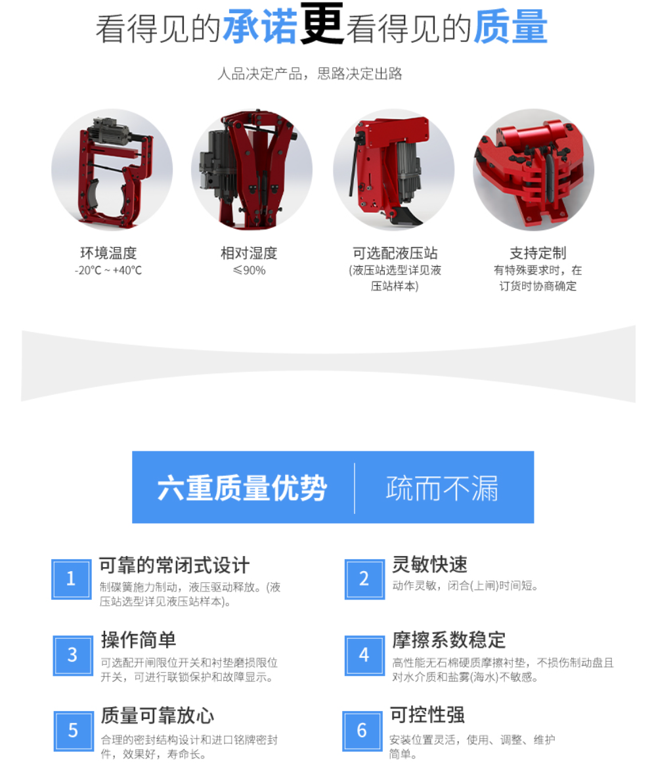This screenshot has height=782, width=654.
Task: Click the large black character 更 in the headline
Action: tap(322, 24)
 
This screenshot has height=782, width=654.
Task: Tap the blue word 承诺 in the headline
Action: tap(260, 27)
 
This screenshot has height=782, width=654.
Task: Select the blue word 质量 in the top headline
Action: tap(510, 27)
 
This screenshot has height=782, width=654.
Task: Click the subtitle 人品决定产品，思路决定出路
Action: tap(309, 74)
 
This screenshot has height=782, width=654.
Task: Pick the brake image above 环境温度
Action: tap(112, 170)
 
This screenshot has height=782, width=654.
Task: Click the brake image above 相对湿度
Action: tap(251, 170)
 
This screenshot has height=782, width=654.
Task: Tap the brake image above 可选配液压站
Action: tap(394, 170)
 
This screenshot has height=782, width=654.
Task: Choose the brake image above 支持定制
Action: tap(533, 170)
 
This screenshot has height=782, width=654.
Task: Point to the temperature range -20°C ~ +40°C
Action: tap(108, 270)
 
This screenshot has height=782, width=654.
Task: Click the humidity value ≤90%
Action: tap(250, 270)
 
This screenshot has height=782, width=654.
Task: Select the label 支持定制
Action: tap(538, 253)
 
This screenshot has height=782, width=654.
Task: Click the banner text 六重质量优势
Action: tap(242, 487)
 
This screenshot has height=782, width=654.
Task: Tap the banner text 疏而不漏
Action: tap(442, 487)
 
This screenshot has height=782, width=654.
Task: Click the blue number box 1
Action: tap(72, 579)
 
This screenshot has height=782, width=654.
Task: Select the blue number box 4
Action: tap(364, 655)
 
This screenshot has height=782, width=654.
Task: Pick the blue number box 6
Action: tap(362, 731)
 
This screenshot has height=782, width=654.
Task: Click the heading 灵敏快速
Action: tap(429, 564)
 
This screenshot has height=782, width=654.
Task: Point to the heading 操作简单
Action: tap(139, 640)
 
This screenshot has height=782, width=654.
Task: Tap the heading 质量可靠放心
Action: tap(158, 715)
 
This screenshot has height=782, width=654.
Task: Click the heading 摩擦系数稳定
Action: tap(449, 640)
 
